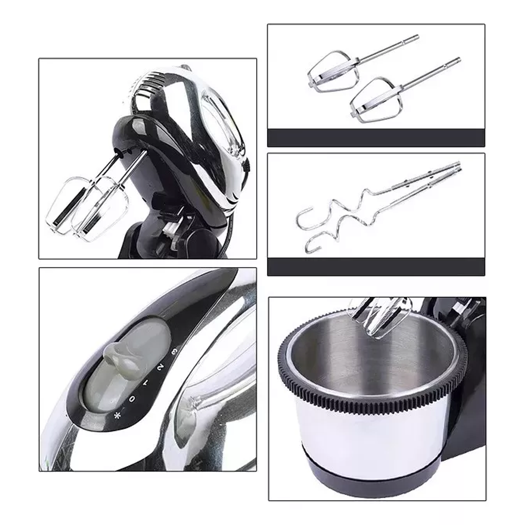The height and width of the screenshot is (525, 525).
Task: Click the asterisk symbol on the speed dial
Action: click(117, 416)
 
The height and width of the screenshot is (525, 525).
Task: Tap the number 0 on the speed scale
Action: click(132, 399)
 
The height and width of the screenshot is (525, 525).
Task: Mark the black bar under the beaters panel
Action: click(376, 138)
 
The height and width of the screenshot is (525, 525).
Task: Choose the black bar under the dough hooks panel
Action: click(376, 267)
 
